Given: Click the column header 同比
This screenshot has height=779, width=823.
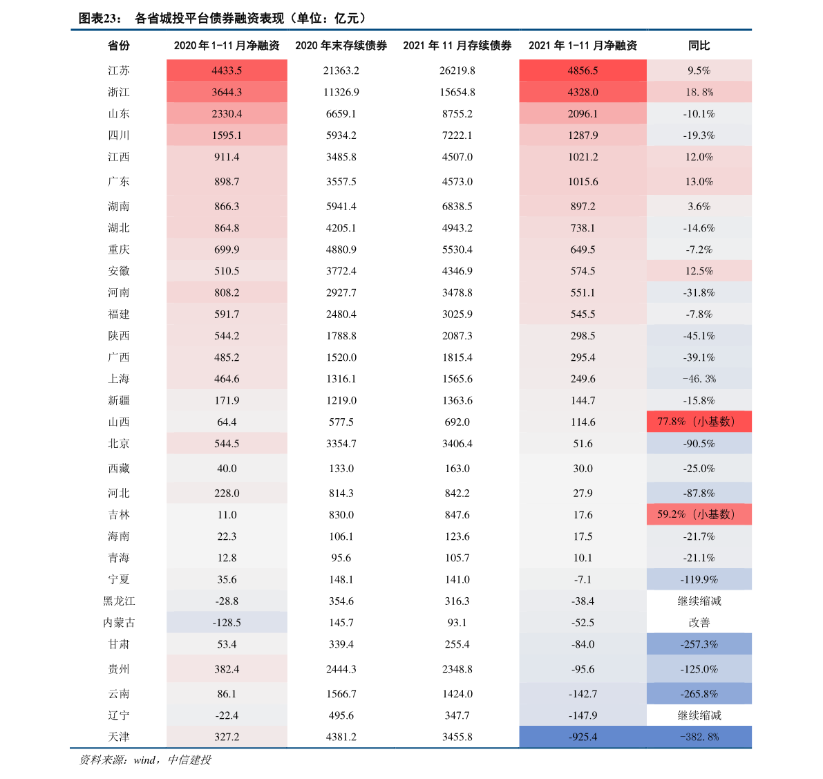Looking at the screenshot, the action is click(699, 46).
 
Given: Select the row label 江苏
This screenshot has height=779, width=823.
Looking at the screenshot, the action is click(119, 71).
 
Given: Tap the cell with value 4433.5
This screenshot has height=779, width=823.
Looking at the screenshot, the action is click(227, 71).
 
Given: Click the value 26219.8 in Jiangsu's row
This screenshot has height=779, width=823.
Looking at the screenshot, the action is click(457, 71).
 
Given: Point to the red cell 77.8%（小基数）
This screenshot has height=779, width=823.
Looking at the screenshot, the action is click(699, 422).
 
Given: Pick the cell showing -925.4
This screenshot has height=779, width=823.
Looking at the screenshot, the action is click(583, 737).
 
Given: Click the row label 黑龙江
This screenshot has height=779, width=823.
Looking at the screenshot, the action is click(119, 601).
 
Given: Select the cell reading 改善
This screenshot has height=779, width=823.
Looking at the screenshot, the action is click(699, 623).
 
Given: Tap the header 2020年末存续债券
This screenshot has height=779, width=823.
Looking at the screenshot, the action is click(341, 46).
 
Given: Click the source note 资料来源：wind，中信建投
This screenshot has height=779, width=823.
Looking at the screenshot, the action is click(145, 760).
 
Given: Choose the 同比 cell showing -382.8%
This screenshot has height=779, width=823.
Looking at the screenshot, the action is click(699, 737).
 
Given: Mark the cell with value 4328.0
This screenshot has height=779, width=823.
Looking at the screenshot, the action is click(583, 92).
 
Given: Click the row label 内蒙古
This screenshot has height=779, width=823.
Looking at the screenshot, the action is click(119, 623).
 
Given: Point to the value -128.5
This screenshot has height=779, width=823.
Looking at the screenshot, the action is click(227, 623).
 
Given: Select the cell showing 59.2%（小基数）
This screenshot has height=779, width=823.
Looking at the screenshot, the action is click(699, 514).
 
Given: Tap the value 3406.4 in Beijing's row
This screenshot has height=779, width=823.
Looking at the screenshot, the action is click(457, 444).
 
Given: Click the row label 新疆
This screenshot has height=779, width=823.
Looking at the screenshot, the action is click(119, 400).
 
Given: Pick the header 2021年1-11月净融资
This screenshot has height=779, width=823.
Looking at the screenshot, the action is click(583, 46).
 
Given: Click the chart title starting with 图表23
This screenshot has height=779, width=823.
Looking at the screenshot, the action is click(223, 19).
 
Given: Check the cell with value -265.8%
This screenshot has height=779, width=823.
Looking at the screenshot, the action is click(699, 693).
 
